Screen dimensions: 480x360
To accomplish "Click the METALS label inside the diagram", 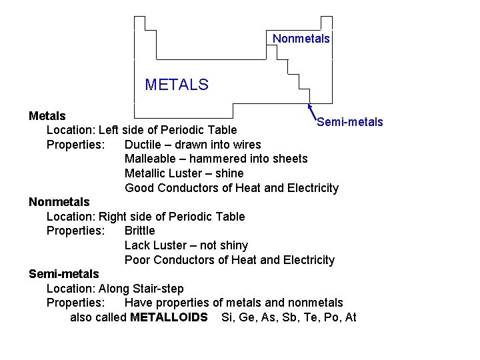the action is [177, 85].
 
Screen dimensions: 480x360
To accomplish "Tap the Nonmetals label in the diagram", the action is [301, 39].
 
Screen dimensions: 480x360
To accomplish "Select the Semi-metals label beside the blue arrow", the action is [350, 122].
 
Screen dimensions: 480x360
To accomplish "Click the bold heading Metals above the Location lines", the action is [47, 116].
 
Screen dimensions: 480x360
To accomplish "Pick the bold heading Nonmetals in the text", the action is [59, 202].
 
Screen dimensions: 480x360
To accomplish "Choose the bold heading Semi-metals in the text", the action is [64, 274].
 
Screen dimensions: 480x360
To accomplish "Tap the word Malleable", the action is [152, 159].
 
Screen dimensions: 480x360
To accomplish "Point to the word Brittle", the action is [139, 231].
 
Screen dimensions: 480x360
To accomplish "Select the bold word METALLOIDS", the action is [169, 317].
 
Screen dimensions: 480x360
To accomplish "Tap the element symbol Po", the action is [331, 317].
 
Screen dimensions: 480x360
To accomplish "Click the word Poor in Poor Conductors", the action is [137, 260].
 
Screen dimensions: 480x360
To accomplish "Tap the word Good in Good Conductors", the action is [138, 188].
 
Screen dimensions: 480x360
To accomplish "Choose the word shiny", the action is [233, 245].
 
